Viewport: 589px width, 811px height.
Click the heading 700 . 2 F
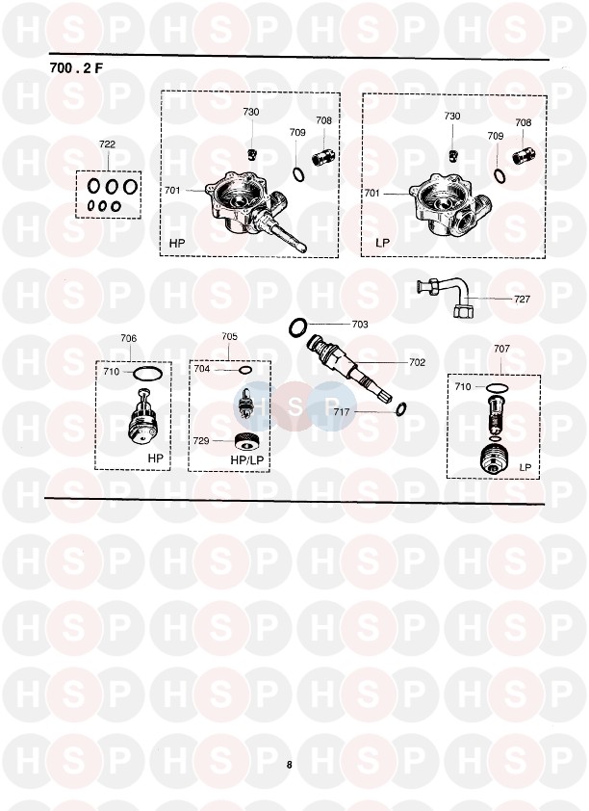[76, 67]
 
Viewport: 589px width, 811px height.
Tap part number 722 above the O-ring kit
[107, 144]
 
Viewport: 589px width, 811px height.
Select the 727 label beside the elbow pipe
[522, 299]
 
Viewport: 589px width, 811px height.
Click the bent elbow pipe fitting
[445, 295]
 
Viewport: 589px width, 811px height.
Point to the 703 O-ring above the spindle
[298, 327]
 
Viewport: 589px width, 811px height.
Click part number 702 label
[417, 362]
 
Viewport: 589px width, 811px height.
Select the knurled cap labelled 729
[246, 442]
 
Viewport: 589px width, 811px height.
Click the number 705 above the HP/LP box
[229, 337]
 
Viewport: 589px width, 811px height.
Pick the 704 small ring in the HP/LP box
[245, 369]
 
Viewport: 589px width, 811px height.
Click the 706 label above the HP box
[129, 338]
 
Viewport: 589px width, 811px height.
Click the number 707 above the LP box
[501, 349]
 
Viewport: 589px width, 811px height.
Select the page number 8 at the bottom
[290, 765]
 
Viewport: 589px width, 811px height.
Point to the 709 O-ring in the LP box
[499, 175]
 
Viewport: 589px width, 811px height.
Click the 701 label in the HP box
[172, 191]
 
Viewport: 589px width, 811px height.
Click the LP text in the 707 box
[525, 467]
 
